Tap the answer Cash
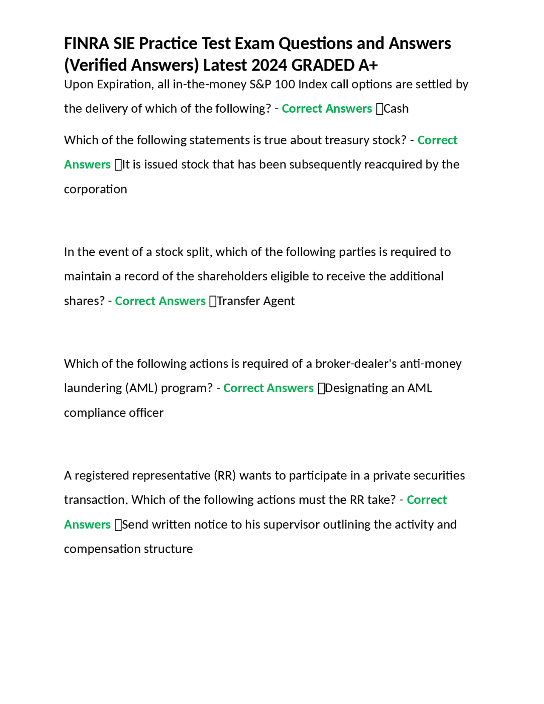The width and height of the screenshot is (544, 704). tap(396, 109)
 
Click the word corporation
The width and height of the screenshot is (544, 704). tap(95, 189)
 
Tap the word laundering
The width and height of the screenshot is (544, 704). tap(92, 388)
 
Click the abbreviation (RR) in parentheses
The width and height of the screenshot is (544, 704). tap(225, 475)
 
